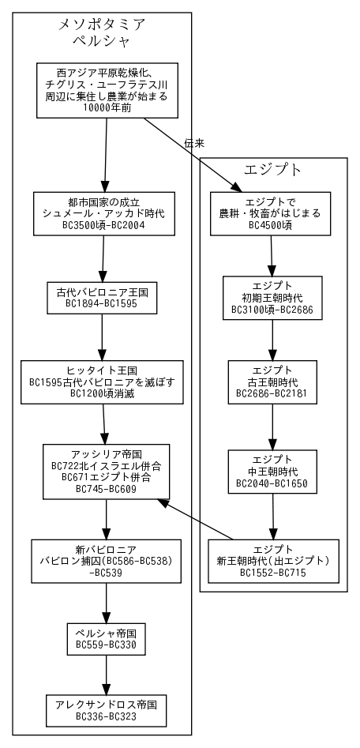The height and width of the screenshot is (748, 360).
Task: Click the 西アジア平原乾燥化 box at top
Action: (106, 90)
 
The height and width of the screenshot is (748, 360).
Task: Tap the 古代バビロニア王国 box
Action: (102, 296)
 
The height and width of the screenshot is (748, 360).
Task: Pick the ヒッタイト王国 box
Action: (102, 382)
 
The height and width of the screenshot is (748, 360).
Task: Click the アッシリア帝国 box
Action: (106, 472)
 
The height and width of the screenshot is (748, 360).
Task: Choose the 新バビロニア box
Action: (106, 561)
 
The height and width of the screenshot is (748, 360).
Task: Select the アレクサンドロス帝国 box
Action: (106, 709)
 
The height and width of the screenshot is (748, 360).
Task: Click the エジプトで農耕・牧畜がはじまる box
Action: (270, 213)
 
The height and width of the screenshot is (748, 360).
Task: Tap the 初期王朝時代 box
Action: (272, 297)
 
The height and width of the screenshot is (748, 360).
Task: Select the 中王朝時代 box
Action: (272, 472)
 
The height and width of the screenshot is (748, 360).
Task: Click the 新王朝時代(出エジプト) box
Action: (273, 561)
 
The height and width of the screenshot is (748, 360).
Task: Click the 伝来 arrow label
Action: (194, 143)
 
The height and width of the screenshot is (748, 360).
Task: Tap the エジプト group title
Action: (273, 170)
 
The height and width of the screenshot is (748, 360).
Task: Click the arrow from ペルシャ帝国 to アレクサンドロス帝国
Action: (106, 676)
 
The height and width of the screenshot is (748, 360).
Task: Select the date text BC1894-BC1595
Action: (102, 303)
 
